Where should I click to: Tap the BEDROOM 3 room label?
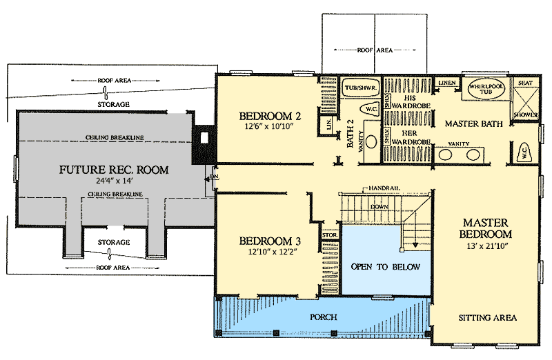(270, 241)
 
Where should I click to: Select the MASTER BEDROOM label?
(486, 229)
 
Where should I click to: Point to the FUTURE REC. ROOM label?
(114, 169)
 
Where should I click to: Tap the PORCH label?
(323, 317)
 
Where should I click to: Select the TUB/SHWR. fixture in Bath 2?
(358, 89)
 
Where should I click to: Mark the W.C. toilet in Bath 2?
(371, 109)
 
